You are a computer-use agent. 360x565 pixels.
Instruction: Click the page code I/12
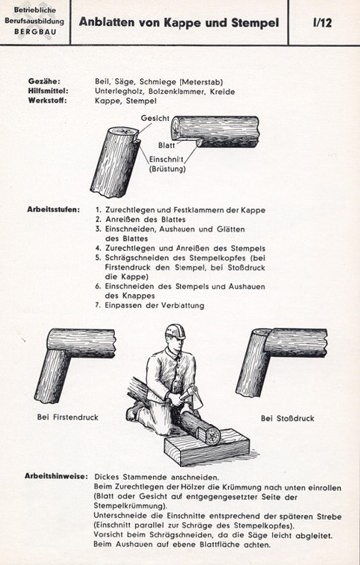(322, 22)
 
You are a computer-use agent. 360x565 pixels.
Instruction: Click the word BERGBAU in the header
(35, 31)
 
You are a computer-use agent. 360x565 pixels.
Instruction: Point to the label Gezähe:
(44, 81)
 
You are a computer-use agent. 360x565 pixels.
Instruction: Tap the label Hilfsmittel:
(48, 91)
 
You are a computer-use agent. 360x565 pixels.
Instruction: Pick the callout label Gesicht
(155, 118)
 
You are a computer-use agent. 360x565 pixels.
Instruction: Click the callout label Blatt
(166, 145)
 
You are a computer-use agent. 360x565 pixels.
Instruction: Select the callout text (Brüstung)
(168, 169)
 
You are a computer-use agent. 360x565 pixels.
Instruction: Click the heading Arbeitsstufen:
(54, 209)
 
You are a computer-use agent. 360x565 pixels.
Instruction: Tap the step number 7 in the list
(98, 306)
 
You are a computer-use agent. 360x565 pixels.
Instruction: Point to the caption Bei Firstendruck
(68, 417)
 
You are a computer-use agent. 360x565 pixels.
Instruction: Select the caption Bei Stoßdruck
(287, 418)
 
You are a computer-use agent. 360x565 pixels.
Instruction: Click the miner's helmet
(175, 332)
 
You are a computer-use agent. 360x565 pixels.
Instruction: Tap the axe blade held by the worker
(196, 398)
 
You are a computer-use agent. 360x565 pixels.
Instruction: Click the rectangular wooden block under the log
(206, 446)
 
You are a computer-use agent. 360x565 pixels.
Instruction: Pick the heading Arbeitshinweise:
(56, 476)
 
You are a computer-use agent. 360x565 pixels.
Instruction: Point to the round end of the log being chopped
(212, 435)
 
